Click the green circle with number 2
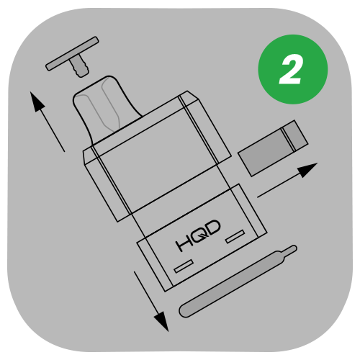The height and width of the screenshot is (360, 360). click(292, 71)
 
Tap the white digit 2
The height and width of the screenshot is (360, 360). click(292, 71)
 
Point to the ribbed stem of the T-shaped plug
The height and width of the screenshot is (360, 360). click(79, 68)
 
